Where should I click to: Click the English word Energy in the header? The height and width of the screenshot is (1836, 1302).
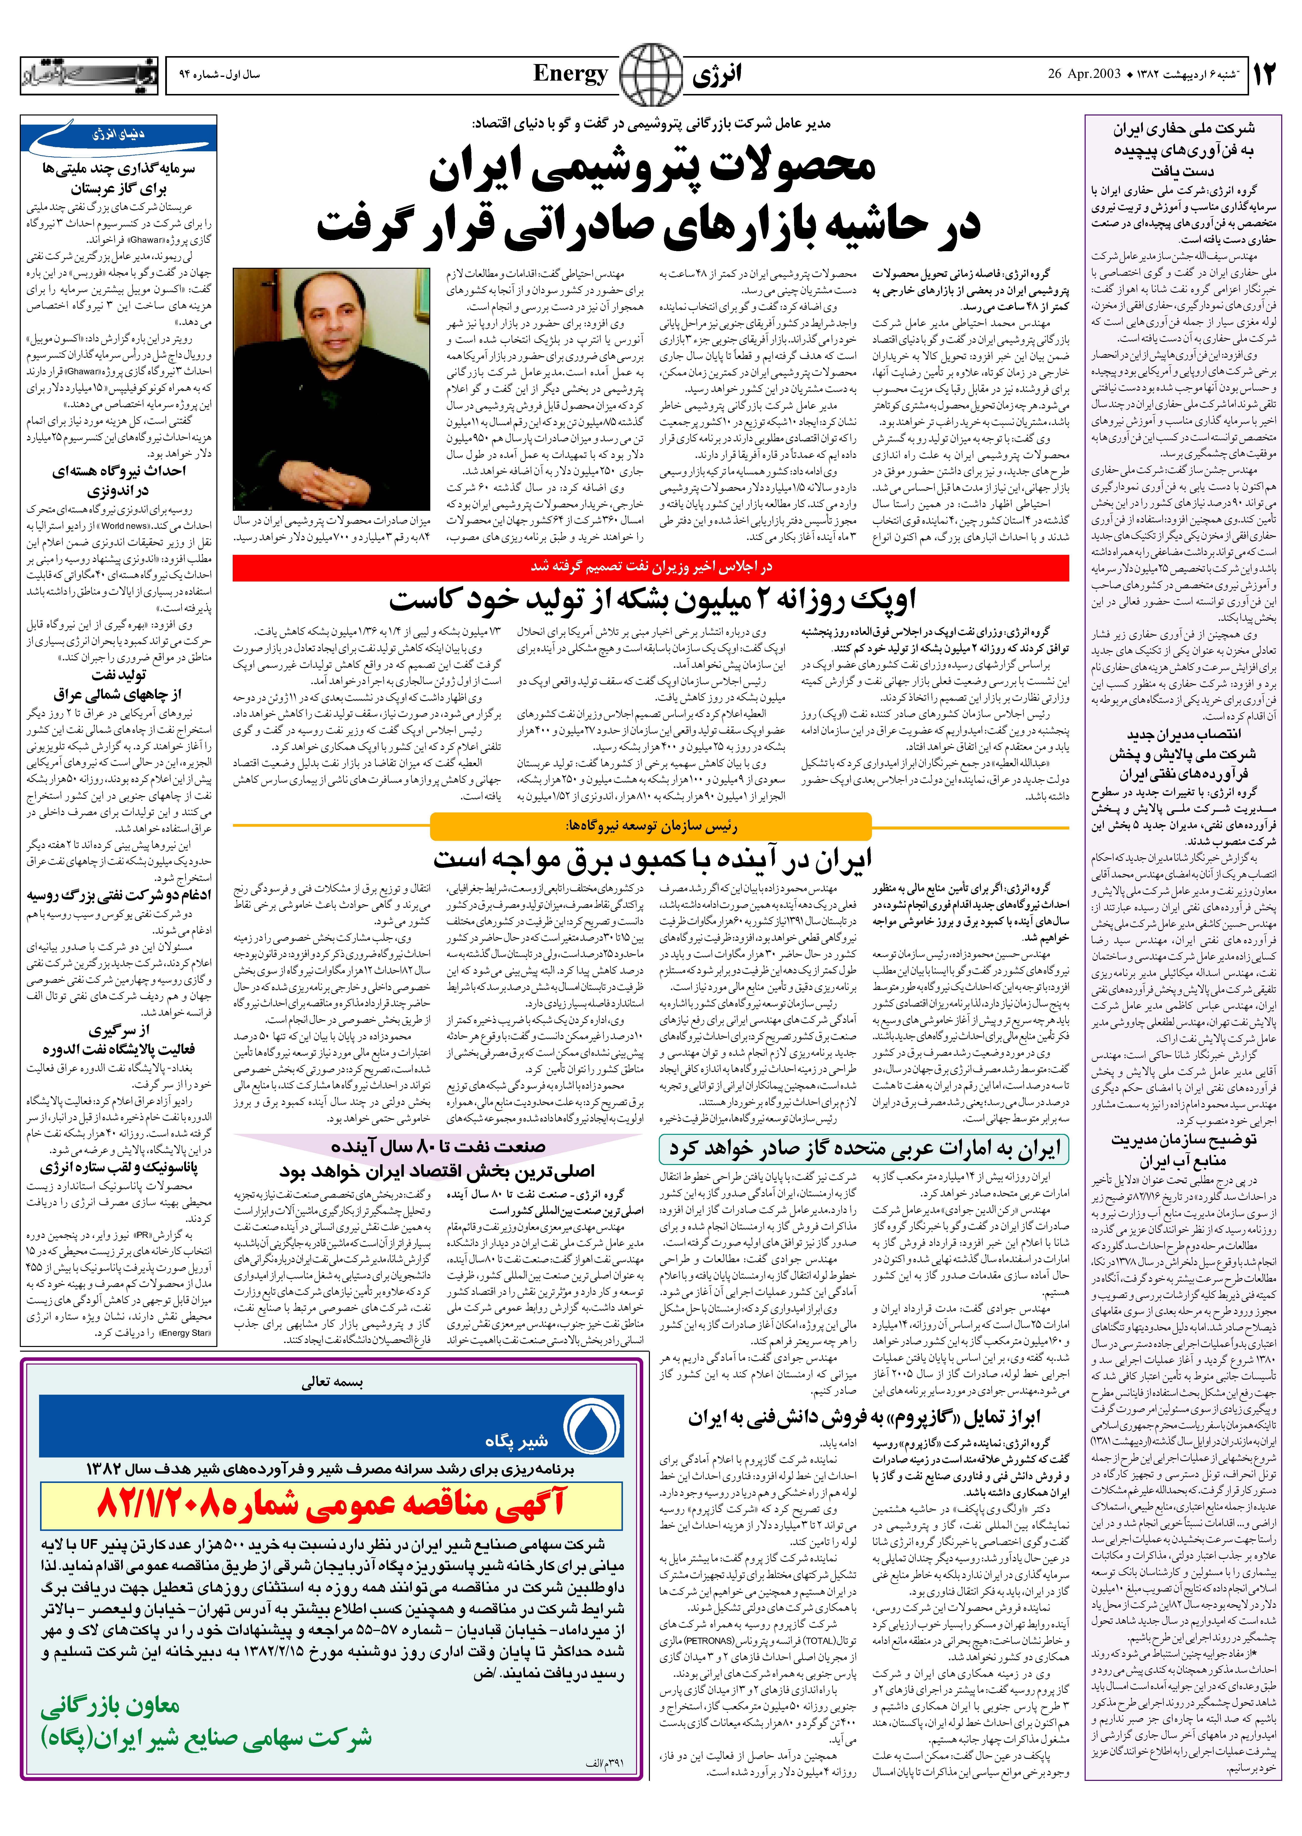(x=571, y=74)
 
